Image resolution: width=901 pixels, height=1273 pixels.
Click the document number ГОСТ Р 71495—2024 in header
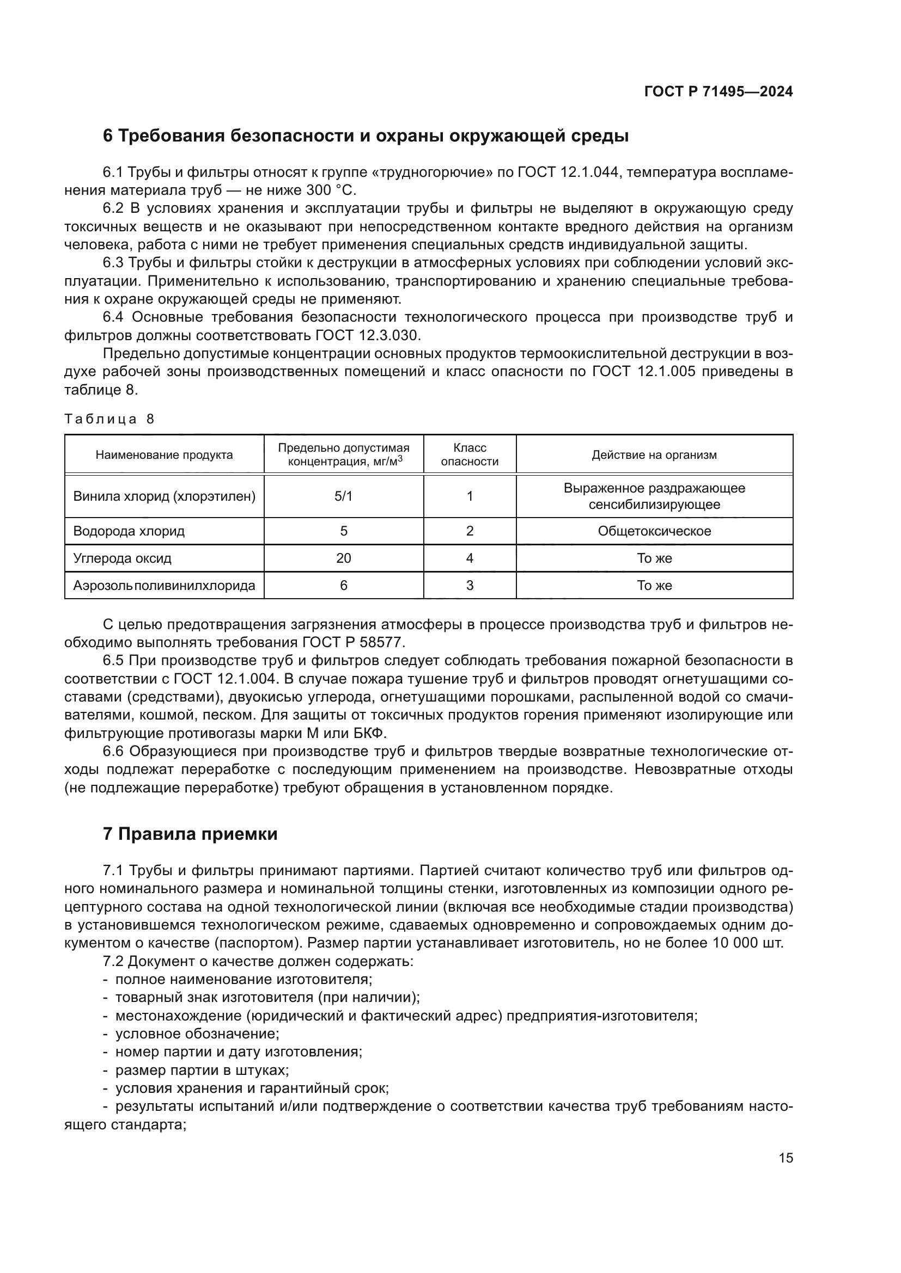[x=718, y=91]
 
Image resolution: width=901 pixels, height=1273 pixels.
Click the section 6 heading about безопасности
[x=366, y=136]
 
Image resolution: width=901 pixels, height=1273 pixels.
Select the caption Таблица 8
[x=109, y=419]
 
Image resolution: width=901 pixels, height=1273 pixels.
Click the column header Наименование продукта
[x=164, y=454]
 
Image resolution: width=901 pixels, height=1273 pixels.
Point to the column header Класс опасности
[x=470, y=454]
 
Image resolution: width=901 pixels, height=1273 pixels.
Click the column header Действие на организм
[x=654, y=454]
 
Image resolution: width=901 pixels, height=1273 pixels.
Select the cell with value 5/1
[x=343, y=496]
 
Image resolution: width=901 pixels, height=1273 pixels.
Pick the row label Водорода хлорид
[x=129, y=531]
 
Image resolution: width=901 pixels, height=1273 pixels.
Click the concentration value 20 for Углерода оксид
[x=343, y=558]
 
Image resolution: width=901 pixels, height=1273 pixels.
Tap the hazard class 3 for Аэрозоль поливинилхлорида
[x=470, y=586]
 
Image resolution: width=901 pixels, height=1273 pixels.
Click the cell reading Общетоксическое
[x=654, y=531]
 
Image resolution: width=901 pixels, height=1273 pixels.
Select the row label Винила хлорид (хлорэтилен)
[x=164, y=496]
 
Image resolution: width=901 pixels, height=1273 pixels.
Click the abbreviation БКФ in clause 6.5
[x=368, y=734]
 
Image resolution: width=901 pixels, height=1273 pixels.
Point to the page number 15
[x=786, y=1158]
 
